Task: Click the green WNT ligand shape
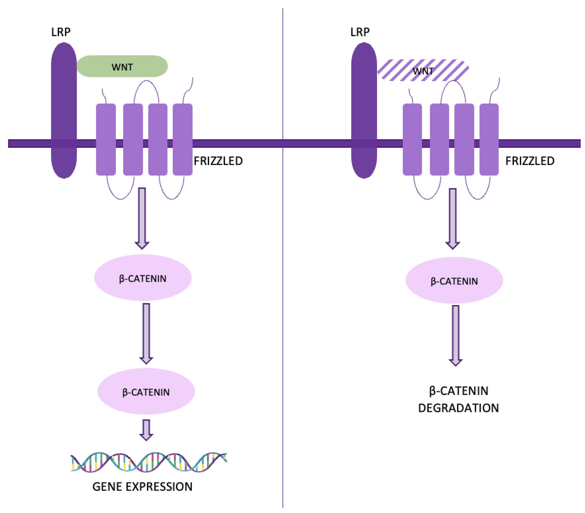122,66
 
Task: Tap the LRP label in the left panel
61,32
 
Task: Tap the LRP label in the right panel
360,32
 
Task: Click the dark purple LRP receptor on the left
64,110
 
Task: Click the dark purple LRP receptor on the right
364,110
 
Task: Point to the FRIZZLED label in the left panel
218,161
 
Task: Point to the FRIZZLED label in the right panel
530,161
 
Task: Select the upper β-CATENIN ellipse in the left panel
143,278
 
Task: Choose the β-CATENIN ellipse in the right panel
454,280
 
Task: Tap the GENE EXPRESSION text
142,487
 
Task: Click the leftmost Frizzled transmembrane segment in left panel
106,139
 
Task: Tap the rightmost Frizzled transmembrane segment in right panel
489,139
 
